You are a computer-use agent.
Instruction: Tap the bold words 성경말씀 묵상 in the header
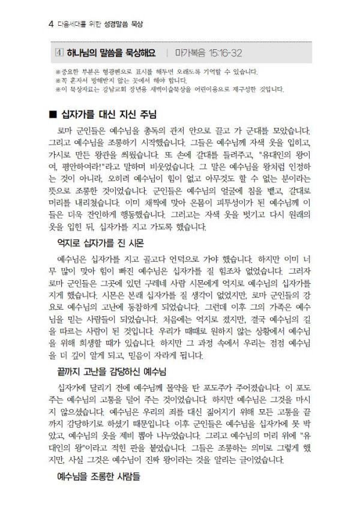(x=128, y=25)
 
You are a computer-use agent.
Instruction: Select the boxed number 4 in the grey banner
(x=58, y=53)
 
